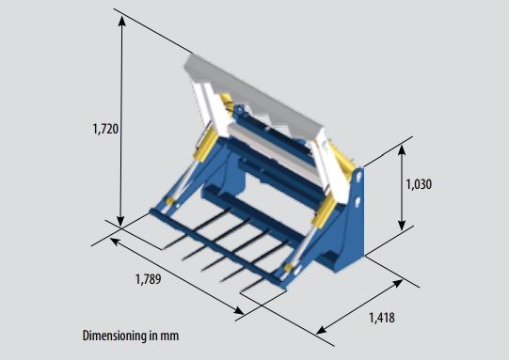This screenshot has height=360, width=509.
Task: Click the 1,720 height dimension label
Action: click(105, 129)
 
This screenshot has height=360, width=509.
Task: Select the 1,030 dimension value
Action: click(419, 184)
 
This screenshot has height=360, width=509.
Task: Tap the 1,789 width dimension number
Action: click(148, 279)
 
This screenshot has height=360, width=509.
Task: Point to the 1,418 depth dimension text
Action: click(382, 318)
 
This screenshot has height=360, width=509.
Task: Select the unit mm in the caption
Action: click(168, 336)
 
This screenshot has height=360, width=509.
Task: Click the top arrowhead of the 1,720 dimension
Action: click(121, 21)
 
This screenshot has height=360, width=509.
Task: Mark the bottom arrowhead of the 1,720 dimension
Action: click(120, 221)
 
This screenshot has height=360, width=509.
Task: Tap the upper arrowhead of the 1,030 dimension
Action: click(402, 150)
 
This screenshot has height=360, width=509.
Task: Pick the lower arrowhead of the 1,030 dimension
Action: click(402, 225)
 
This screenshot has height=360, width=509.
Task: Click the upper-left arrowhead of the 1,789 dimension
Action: click(115, 241)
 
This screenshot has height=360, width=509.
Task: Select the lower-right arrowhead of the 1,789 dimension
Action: click(239, 311)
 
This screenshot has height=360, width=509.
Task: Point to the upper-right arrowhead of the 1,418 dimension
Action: click(398, 283)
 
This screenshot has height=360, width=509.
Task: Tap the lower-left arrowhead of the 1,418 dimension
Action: click(322, 330)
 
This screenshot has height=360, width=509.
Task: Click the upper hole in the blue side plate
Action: click(358, 177)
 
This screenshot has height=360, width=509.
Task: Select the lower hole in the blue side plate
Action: click(358, 201)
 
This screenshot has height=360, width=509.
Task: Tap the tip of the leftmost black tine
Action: click(163, 249)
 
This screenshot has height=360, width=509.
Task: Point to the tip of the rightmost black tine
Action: click(241, 293)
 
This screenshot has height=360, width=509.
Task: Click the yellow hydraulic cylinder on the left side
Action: click(205, 146)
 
